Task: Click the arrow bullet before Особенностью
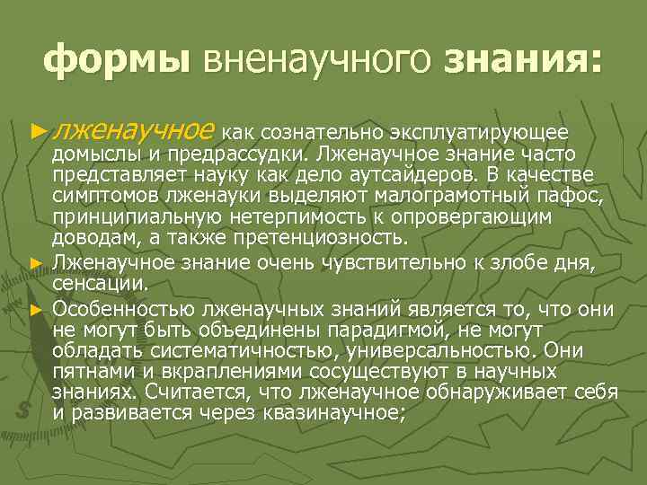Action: click(36, 309)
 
